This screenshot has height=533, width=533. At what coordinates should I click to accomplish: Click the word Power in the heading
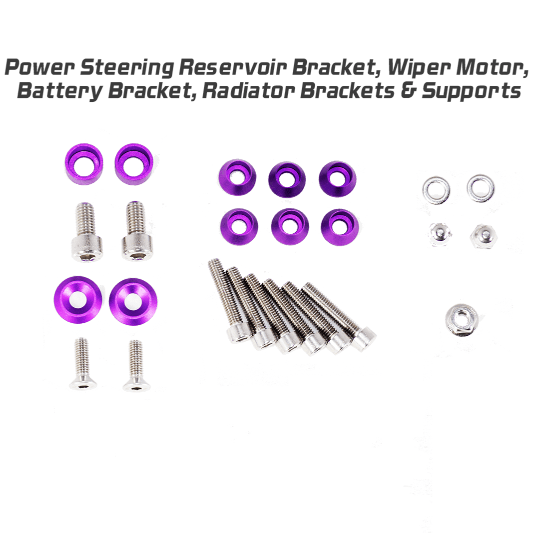click(40, 67)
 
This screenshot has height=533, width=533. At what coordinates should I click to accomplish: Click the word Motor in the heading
click(492, 68)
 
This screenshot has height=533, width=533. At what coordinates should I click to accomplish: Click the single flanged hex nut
click(462, 320)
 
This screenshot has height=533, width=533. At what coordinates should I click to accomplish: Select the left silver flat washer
click(436, 190)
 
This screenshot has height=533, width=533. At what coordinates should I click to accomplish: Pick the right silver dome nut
click(484, 236)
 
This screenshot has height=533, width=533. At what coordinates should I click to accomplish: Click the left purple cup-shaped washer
click(84, 164)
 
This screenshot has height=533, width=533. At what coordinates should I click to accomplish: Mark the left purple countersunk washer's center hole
click(78, 300)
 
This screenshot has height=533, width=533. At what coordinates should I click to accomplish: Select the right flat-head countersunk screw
click(136, 366)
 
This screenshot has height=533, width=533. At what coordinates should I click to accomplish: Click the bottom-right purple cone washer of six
click(339, 227)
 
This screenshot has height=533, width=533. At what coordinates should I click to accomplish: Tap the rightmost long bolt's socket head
click(364, 339)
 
